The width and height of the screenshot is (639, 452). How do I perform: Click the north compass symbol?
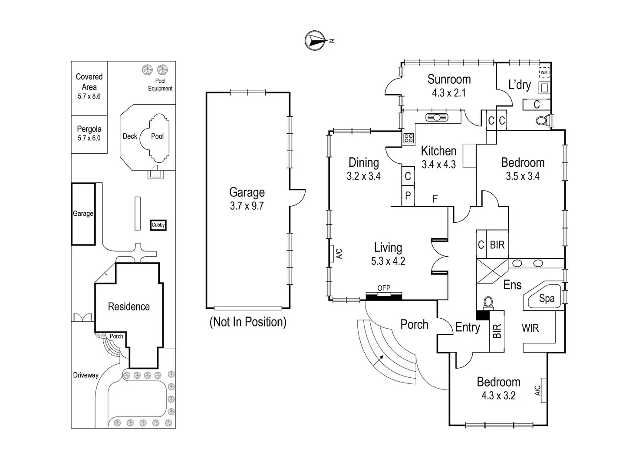[x=315, y=40]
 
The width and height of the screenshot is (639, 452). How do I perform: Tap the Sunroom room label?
[x=449, y=79]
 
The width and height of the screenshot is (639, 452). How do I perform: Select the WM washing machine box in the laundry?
[x=544, y=73]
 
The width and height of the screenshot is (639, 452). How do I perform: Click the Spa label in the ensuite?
[x=547, y=298]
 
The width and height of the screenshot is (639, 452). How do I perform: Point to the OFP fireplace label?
[x=384, y=288]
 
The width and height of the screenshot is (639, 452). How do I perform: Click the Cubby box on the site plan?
[x=158, y=225]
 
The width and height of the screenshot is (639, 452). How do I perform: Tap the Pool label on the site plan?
[x=157, y=136]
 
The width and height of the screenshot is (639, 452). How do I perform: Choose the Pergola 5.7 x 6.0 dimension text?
[x=89, y=138]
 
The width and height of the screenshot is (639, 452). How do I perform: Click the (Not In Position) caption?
[x=248, y=322]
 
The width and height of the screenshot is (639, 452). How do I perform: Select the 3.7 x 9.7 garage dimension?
[x=247, y=206]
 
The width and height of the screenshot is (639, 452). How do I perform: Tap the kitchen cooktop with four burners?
[x=408, y=139]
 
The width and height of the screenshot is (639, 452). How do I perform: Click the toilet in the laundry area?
[x=543, y=120]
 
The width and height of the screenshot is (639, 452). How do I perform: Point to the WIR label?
[x=530, y=328]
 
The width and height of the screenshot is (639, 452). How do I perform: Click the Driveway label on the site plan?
[x=86, y=375]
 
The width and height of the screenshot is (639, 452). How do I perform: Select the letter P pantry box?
[x=408, y=196]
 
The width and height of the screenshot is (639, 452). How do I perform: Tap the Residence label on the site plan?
[x=128, y=307]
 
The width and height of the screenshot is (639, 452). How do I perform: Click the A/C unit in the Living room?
[x=332, y=254]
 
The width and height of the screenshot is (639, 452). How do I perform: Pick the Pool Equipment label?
[x=160, y=85]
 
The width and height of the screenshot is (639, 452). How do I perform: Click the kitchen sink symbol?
[x=437, y=117]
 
